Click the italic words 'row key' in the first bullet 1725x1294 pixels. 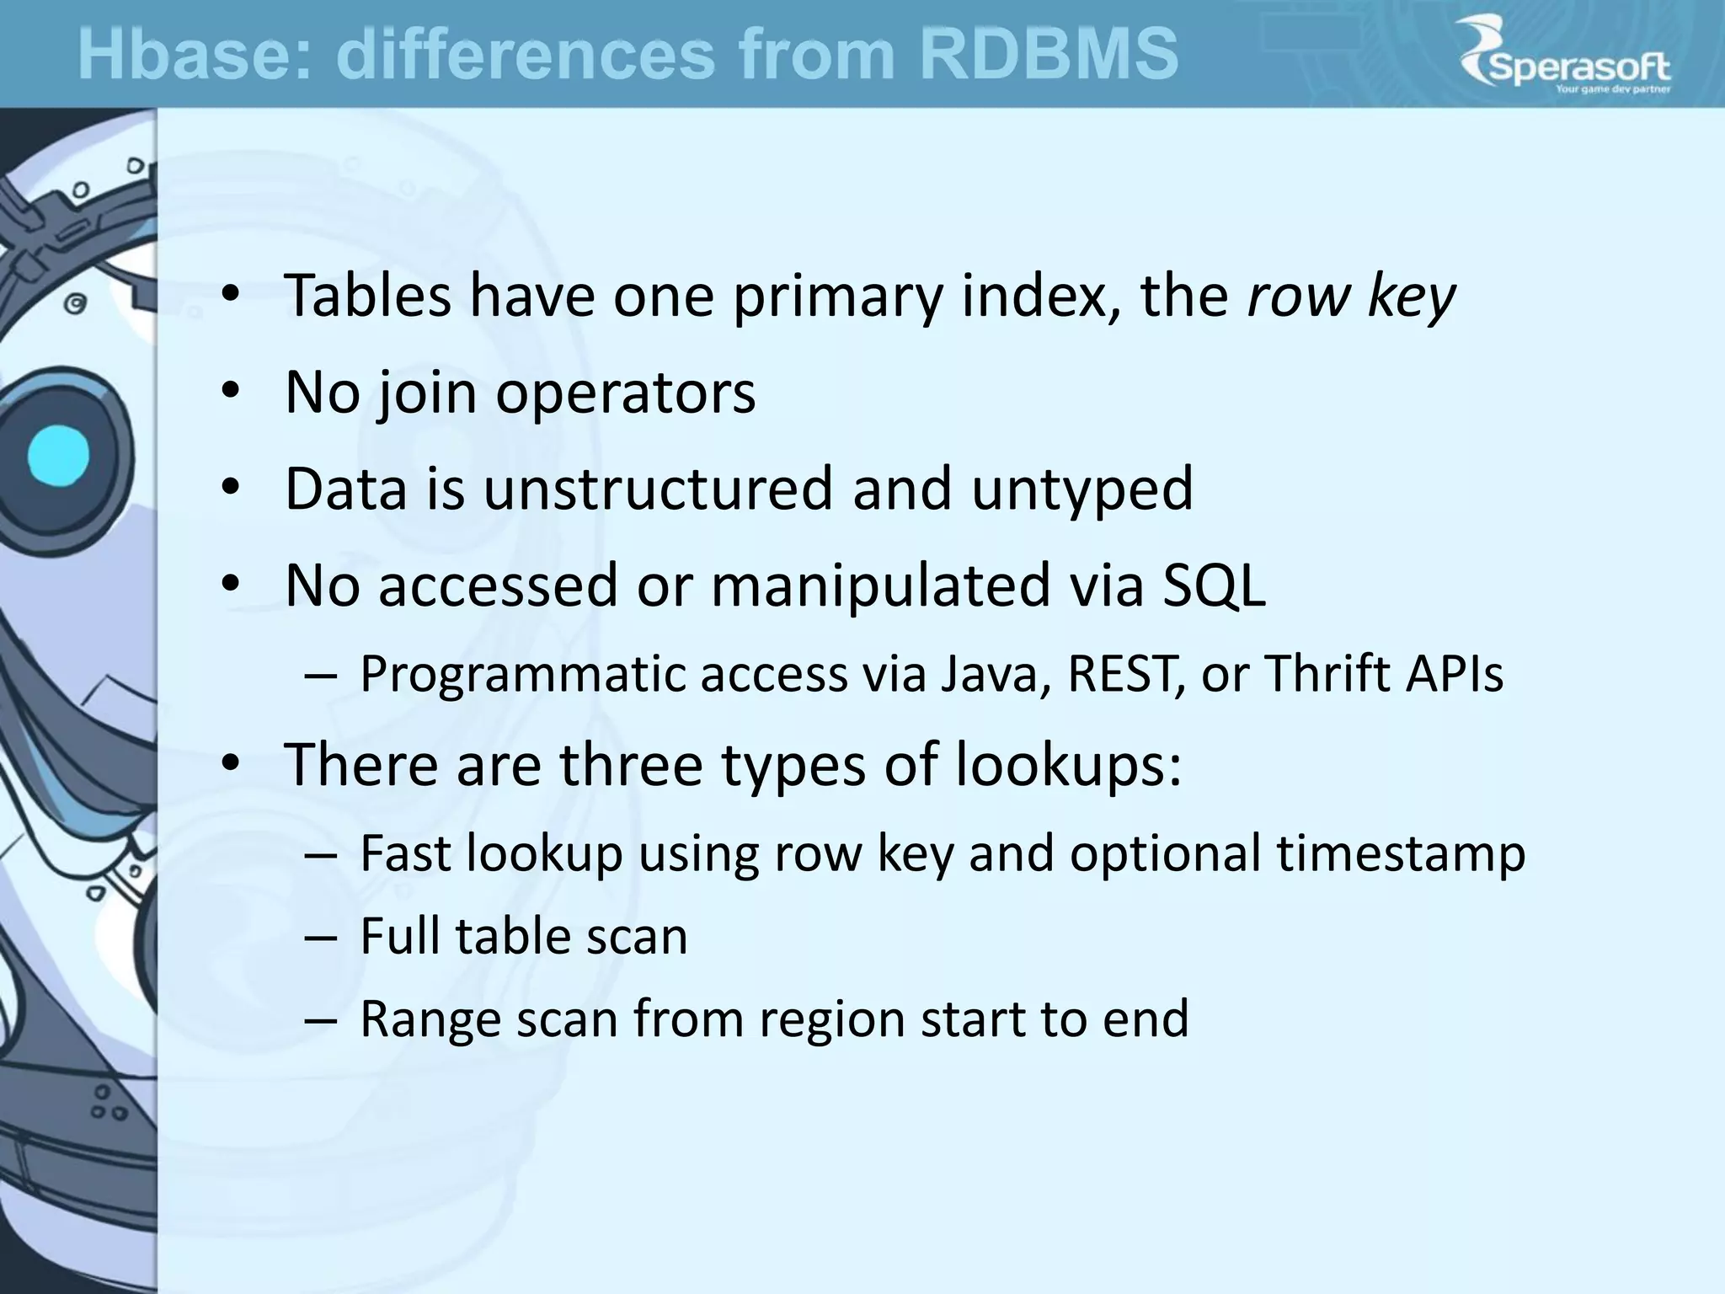pyautogui.click(x=1350, y=297)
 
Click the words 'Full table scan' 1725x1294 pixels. pyautogui.click(x=523, y=936)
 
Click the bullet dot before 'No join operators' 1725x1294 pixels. pyautogui.click(x=232, y=393)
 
